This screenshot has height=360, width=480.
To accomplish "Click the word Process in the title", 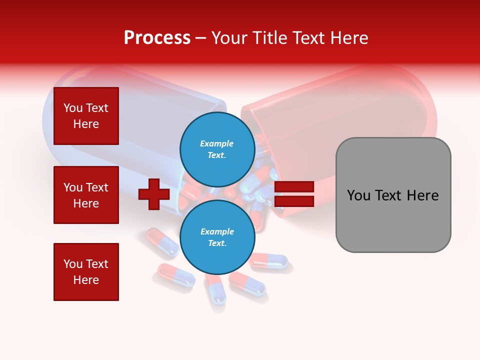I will click(x=157, y=38).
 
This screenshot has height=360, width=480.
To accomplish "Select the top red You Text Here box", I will click(x=86, y=116).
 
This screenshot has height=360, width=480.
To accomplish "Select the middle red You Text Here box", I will click(x=86, y=195).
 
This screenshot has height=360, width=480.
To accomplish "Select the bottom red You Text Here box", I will click(x=86, y=271).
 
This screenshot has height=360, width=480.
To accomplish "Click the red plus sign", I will click(x=154, y=194).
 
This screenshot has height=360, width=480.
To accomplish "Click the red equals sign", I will click(x=294, y=194).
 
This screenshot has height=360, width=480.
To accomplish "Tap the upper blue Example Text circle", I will click(x=217, y=149).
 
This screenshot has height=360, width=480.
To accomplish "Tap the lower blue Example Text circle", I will click(x=217, y=237).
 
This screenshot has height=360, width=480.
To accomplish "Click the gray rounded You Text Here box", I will click(x=393, y=195).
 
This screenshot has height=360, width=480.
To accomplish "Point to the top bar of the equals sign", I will click(x=294, y=187).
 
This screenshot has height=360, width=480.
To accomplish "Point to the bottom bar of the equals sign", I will click(x=294, y=201).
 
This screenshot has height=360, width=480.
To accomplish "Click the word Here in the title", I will click(x=348, y=38).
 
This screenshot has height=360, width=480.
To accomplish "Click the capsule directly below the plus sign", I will click(x=161, y=242).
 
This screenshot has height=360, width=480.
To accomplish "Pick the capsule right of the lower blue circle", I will click(x=269, y=260).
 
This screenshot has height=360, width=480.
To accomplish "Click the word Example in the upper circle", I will click(x=216, y=143).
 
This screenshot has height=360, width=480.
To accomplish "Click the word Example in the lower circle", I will click(x=217, y=231).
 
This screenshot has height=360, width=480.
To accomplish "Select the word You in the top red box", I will click(x=73, y=108).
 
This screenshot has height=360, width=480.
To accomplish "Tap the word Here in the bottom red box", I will click(x=86, y=280).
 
